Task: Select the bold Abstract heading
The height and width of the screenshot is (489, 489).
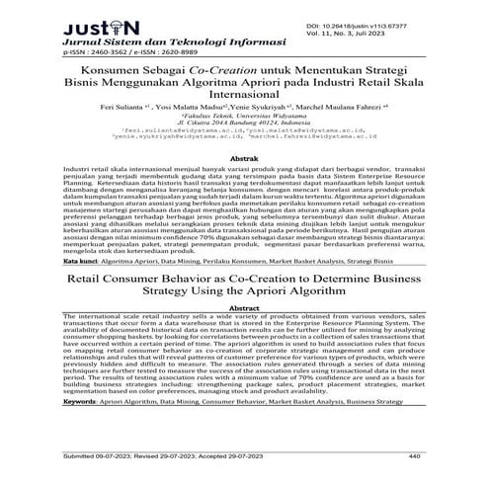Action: [x=244, y=311]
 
